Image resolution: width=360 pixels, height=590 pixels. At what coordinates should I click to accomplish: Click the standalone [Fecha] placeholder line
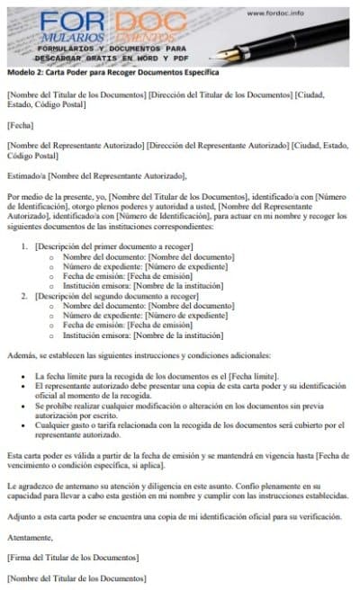(19, 125)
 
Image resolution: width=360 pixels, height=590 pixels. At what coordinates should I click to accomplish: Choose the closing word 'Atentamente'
(29, 537)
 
